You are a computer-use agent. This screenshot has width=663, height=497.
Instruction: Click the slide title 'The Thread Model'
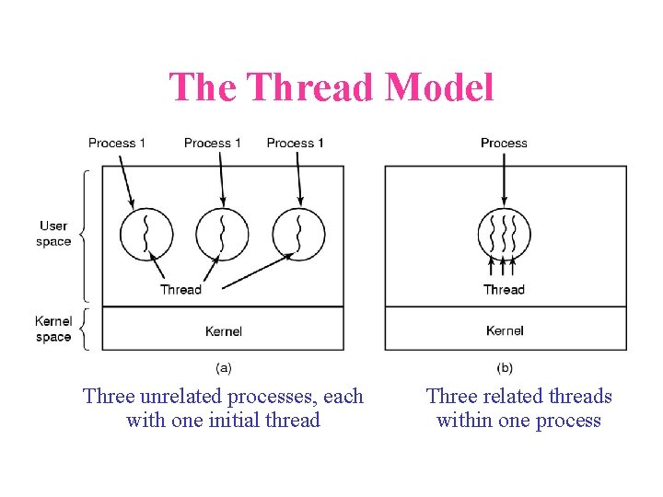(331, 87)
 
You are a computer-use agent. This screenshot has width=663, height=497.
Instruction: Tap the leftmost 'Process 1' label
(117, 143)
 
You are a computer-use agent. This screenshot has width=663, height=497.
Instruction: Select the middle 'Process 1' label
(213, 143)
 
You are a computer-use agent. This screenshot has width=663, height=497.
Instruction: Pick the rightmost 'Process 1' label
(295, 143)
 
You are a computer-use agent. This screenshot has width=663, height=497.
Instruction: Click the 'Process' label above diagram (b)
(504, 143)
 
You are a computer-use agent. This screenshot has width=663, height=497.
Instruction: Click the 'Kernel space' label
(53, 329)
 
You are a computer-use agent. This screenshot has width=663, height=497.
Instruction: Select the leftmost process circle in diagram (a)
(145, 234)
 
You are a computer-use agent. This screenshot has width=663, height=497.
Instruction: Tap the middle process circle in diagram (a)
(221, 234)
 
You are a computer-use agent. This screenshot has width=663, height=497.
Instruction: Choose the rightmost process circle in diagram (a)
(298, 234)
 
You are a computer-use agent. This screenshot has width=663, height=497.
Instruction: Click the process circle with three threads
(504, 234)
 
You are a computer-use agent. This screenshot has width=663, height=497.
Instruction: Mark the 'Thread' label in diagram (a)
(180, 289)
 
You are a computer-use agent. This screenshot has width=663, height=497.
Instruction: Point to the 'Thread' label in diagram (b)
(504, 289)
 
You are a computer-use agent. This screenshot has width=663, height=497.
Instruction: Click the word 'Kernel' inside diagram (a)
(224, 330)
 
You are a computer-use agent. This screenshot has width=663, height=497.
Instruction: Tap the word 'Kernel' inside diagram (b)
(505, 330)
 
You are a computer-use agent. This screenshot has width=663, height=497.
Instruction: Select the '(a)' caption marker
(223, 367)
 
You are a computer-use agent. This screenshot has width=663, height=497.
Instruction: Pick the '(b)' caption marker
(505, 367)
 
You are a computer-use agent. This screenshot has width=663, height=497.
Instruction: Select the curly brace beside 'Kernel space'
(84, 329)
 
